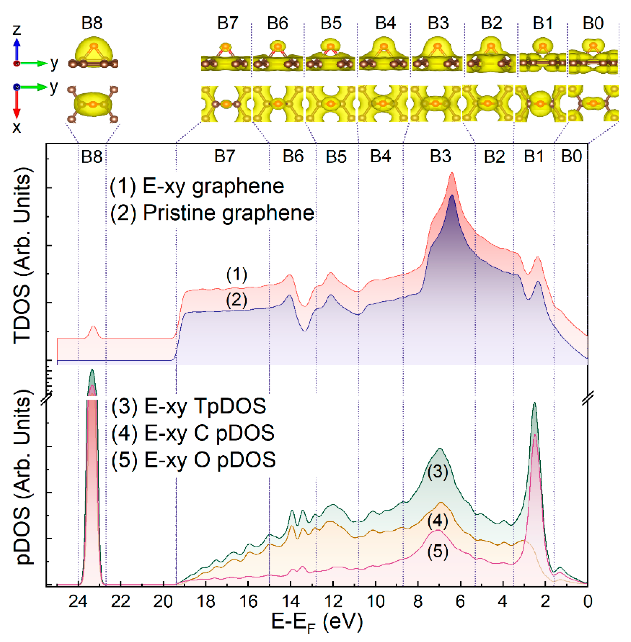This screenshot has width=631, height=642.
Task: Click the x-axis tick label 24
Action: pyautogui.click(x=78, y=601)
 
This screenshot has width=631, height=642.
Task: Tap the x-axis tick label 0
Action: pyautogui.click(x=588, y=601)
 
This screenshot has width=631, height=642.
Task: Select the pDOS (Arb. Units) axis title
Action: pyautogui.click(x=22, y=477)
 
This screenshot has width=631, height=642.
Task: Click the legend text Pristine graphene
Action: pyautogui.click(x=212, y=212)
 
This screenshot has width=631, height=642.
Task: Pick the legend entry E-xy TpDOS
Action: pyautogui.click(x=189, y=406)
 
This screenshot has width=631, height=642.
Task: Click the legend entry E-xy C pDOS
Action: pyautogui.click(x=193, y=433)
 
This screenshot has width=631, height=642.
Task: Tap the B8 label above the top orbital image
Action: pyautogui.click(x=92, y=23)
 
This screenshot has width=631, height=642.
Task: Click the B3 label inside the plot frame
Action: pyautogui.click(x=440, y=156)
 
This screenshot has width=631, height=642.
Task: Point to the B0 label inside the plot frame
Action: pyautogui.click(x=571, y=156)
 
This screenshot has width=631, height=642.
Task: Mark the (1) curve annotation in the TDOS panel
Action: pyautogui.click(x=237, y=275)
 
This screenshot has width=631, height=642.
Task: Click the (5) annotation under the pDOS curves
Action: pyautogui.click(x=437, y=551)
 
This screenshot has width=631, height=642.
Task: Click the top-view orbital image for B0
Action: pyautogui.click(x=593, y=103)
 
